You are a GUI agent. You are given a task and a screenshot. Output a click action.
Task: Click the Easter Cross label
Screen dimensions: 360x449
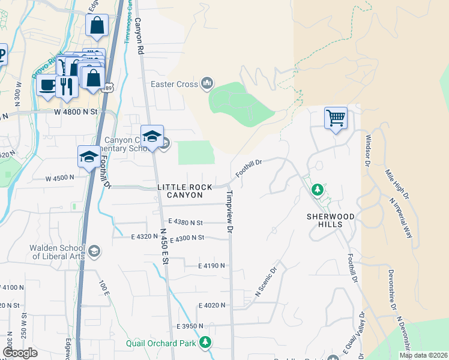coord(174,83)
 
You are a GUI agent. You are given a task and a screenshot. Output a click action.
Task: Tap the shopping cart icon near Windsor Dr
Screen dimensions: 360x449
coord(336,117)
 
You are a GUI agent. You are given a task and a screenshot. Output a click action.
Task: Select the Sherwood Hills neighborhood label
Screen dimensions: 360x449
coord(330,220)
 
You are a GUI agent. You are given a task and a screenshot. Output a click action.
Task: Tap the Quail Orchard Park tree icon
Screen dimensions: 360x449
coord(206,343)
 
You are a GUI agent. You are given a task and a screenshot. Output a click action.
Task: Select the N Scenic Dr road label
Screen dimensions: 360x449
coord(268,282)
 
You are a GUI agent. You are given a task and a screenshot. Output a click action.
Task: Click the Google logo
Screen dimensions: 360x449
coord(19,353)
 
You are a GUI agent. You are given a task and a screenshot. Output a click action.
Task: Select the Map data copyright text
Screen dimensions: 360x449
coord(423,355)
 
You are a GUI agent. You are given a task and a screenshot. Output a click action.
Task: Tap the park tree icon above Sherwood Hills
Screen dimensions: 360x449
coord(317,190)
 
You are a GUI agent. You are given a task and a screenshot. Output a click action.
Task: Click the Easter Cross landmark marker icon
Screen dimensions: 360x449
coord(207,83)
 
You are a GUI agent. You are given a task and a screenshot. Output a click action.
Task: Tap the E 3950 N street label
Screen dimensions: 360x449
coord(190,326)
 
